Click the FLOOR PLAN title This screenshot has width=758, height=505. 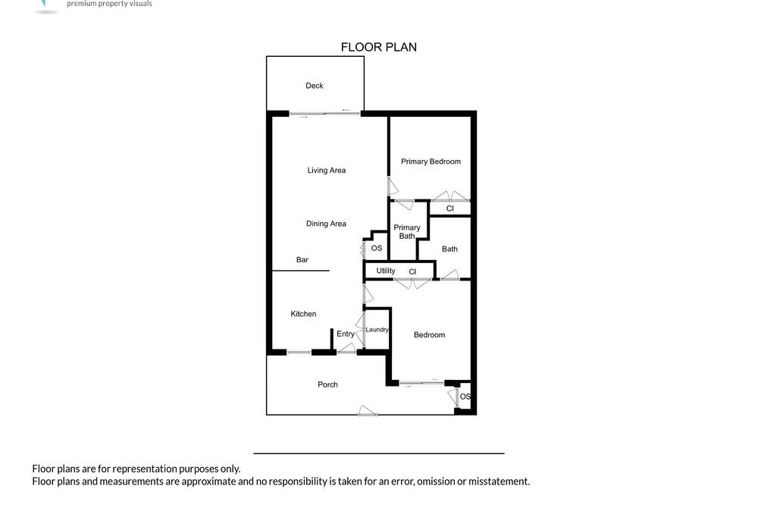point(378,47)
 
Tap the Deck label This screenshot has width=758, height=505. point(315,86)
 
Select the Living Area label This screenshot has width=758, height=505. point(326,171)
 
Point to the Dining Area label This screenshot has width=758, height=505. point(326,224)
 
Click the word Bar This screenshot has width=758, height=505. point(302,260)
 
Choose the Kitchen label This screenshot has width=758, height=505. point(303,314)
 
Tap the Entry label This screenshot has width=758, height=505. point(345,334)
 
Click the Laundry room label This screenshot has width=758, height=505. point(377,329)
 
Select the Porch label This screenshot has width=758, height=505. point(327,384)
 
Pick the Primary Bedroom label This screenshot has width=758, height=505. point(431,162)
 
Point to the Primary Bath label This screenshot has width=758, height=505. point(406,232)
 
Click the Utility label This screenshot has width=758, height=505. point(385,271)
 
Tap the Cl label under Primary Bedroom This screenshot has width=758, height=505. point(450,209)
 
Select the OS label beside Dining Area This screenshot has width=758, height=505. point(377,248)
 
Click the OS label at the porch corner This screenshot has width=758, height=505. point(465,397)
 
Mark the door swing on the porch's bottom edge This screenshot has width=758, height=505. point(368,411)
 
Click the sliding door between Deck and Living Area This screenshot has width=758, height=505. point(325,114)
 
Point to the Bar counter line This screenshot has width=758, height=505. point(301,271)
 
